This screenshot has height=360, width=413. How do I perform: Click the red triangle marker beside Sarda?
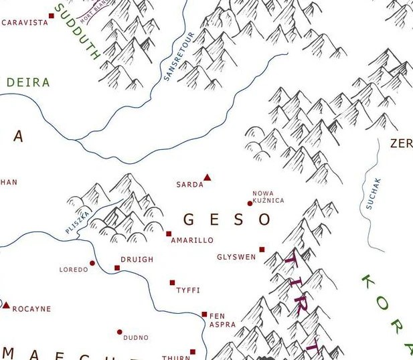point(207,177)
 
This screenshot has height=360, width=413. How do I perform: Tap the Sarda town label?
point(189,185)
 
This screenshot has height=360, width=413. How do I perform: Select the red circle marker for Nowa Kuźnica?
point(250,203)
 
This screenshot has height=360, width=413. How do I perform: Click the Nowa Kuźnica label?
point(268,197)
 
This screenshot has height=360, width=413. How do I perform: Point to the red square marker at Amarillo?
point(169,234)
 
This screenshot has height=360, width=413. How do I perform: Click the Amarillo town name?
point(192,240)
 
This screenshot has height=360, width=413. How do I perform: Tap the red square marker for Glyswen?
point(262,250)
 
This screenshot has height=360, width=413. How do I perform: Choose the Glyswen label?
point(236,257)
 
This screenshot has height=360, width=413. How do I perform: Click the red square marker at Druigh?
point(117,268)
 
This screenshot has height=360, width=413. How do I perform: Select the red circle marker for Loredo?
point(92,263)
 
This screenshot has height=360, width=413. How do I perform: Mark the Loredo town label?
point(74,270)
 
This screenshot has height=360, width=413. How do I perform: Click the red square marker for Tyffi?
point(172,283)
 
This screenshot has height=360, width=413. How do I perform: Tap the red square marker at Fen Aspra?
point(204,314)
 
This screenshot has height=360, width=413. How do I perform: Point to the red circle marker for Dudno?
point(120,332)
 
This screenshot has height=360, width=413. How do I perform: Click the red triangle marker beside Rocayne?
point(7,305)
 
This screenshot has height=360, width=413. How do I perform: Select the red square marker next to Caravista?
point(52,15)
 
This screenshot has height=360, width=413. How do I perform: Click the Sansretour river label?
point(179,56)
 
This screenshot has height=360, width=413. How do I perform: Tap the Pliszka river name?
point(77,221)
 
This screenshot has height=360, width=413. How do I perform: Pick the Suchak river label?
point(374,193)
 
